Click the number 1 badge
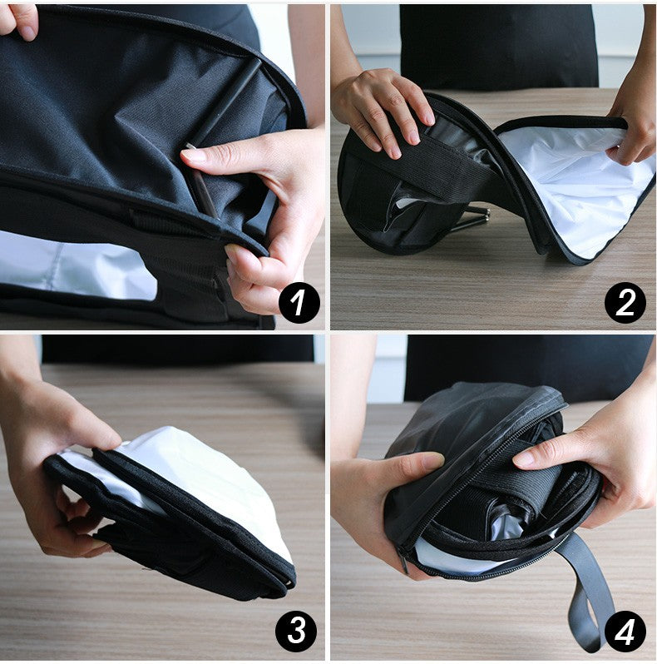click(x=299, y=302)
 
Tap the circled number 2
click(x=625, y=302)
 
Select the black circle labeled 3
click(x=297, y=632)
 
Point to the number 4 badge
click(x=625, y=632)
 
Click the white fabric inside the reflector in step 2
click(x=574, y=183)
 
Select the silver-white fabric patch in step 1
click(x=75, y=266)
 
